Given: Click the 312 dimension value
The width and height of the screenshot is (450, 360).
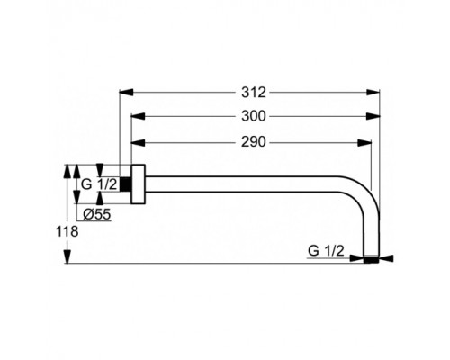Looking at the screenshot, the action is (254, 93).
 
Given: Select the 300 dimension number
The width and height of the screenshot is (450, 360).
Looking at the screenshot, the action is (254, 116).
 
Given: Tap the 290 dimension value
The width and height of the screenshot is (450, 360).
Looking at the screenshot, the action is (254, 142).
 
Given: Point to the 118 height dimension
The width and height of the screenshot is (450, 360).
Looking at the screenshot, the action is (67, 231).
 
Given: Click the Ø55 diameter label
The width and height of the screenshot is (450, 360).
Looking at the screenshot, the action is (97, 214).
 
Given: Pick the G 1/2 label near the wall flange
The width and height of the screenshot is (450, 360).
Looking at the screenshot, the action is (99, 184).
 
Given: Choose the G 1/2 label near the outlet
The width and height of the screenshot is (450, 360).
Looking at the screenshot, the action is (326, 250).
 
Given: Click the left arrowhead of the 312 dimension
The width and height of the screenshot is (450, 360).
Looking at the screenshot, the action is (126, 93).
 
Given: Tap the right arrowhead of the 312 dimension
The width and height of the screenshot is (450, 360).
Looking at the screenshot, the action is (373, 93).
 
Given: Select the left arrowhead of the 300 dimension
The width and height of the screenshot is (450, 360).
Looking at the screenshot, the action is (138, 116).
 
